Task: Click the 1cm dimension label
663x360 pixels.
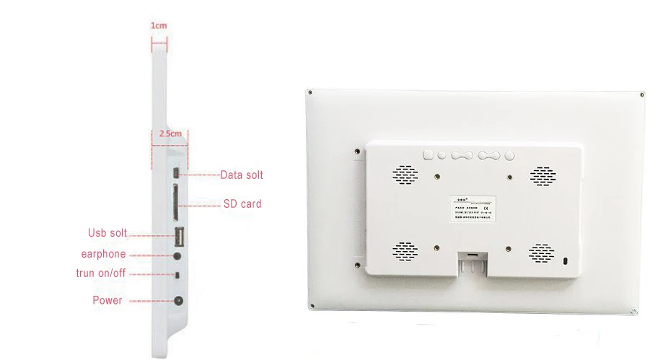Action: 159,25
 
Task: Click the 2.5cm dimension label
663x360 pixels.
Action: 170,134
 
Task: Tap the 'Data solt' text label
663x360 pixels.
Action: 242,175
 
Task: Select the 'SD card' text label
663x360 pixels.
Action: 242,204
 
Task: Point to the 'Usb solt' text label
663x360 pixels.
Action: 107,233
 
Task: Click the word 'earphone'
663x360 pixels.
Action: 103,254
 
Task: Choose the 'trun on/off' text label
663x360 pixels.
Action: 100,273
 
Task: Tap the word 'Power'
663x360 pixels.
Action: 107,300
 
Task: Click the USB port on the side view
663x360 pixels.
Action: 177,235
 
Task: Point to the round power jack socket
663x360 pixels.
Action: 177,301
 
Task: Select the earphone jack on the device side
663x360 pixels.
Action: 176,255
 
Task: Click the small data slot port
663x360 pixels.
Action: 176,174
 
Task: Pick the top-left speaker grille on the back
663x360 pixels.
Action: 405,174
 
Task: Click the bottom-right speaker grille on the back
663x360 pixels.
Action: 543,252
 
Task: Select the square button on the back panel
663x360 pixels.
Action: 427,154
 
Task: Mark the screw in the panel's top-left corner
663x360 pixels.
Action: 309,92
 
